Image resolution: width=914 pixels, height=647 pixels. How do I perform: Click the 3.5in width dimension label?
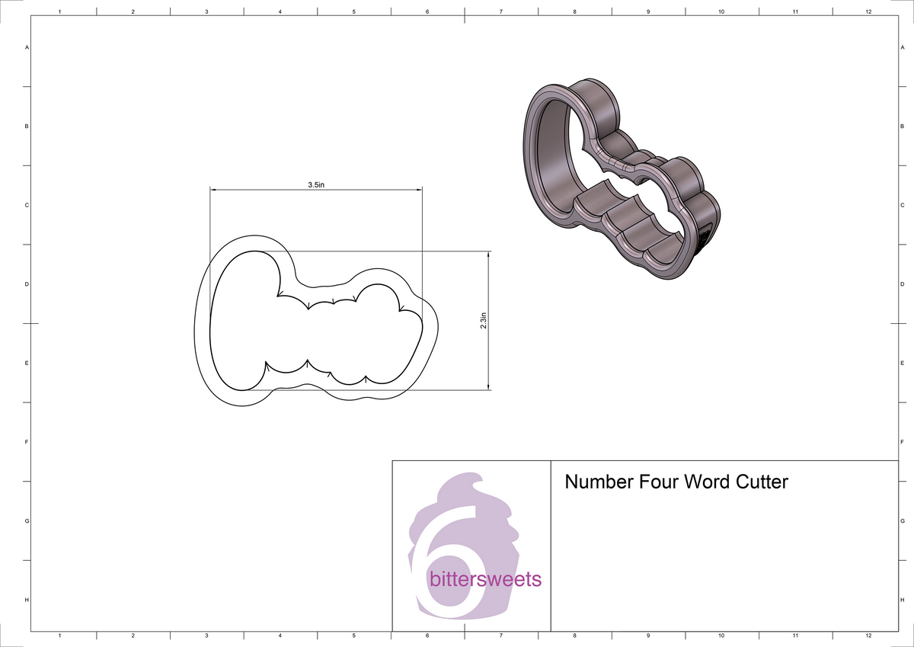[316, 184]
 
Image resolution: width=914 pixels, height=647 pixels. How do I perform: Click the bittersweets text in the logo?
[486, 580]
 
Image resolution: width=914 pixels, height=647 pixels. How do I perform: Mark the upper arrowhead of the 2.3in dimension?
[488, 255]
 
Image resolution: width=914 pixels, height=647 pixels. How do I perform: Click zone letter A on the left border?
[27, 47]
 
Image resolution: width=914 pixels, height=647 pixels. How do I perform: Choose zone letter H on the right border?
[902, 601]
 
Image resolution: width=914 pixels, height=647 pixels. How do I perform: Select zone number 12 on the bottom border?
[869, 635]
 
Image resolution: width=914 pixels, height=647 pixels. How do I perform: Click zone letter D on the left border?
[27, 284]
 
